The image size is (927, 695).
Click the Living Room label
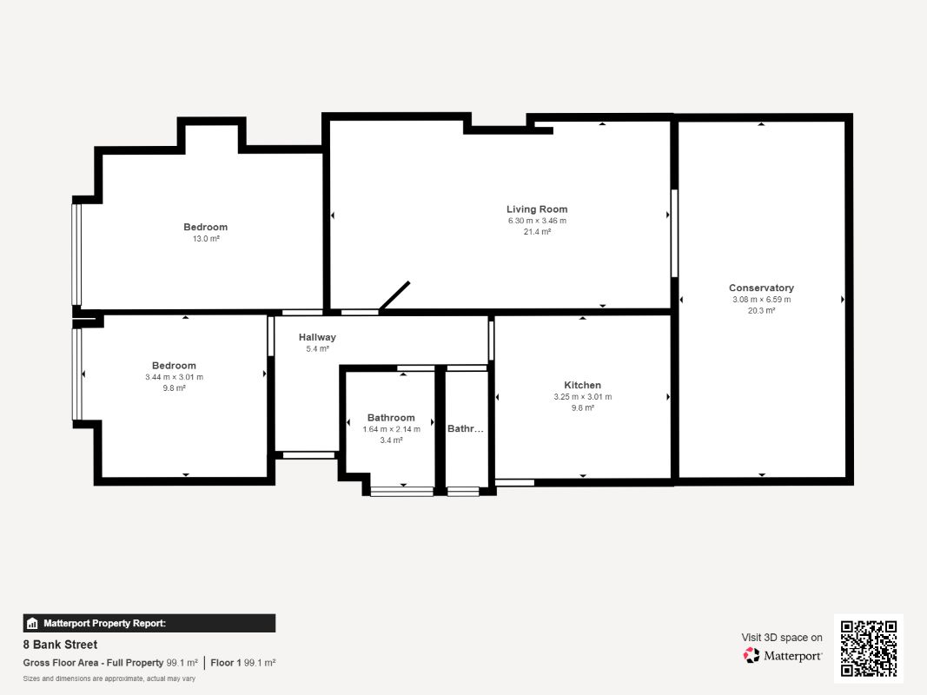click(x=537, y=209)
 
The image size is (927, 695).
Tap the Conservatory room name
click(x=761, y=288)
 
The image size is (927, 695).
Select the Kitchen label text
click(x=582, y=386)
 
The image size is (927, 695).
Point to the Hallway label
click(x=317, y=337)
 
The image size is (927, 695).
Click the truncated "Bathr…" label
click(x=466, y=428)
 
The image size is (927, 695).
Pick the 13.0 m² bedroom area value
click(x=206, y=239)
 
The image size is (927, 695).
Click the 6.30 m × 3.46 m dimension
click(x=537, y=221)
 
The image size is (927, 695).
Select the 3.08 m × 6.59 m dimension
click(x=761, y=299)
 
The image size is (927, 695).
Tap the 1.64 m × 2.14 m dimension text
click(x=391, y=429)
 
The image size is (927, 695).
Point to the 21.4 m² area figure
click(x=537, y=232)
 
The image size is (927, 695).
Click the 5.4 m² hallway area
click(x=317, y=348)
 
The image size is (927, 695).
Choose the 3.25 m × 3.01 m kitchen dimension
click(x=582, y=396)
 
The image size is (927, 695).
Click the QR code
click(x=869, y=648)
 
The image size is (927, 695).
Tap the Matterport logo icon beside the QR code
click(x=752, y=655)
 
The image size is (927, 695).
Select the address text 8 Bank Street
click(x=60, y=645)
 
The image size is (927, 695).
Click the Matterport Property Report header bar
click(x=149, y=623)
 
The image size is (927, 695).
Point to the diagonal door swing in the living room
click(x=394, y=295)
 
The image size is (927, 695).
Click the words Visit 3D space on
click(x=782, y=638)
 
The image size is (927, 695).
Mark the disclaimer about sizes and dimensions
click(x=109, y=678)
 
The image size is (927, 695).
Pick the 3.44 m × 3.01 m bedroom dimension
click(x=175, y=377)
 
